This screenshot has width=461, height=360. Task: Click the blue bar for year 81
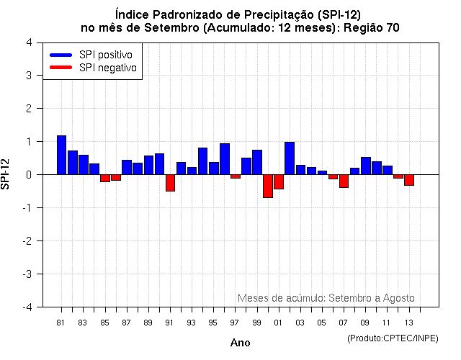point(61,155)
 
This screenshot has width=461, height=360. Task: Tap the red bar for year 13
point(409,180)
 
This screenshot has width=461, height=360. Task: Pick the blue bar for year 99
point(257,162)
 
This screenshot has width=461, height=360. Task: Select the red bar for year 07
point(344,181)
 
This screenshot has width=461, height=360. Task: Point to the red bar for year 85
point(105,178)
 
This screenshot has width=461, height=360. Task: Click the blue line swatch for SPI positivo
point(61,55)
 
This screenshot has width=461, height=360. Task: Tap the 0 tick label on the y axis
point(28,175)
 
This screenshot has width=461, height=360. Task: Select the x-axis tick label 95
point(213,322)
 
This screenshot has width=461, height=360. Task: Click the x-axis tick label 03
point(300,322)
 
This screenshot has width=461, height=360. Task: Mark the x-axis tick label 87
point(127,322)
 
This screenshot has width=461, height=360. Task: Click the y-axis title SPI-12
point(6,174)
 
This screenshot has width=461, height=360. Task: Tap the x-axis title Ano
point(240,343)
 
